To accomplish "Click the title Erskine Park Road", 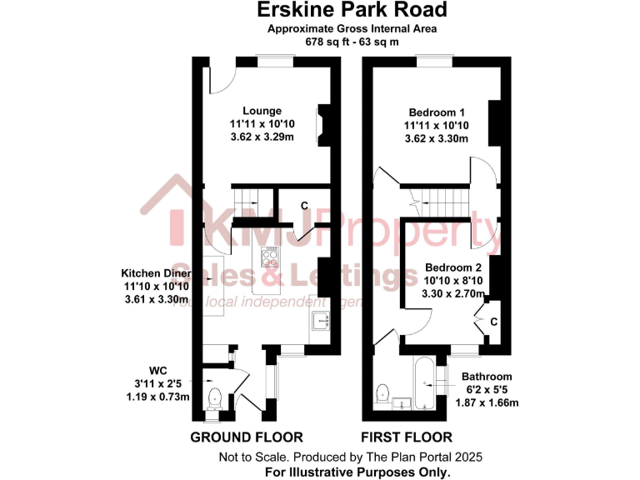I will click(351, 10).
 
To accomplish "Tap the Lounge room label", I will click(262, 111).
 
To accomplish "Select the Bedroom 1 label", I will click(436, 112).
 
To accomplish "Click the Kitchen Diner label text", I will click(157, 273).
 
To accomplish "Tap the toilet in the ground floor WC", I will click(214, 397).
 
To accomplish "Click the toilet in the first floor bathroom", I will click(384, 391).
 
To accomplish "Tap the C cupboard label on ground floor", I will click(304, 206).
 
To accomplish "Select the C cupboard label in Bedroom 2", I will click(493, 321).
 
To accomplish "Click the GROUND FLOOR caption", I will click(247, 437).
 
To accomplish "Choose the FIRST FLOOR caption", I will click(406, 437).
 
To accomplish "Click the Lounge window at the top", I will click(275, 58).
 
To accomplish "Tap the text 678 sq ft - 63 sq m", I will click(352, 41).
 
